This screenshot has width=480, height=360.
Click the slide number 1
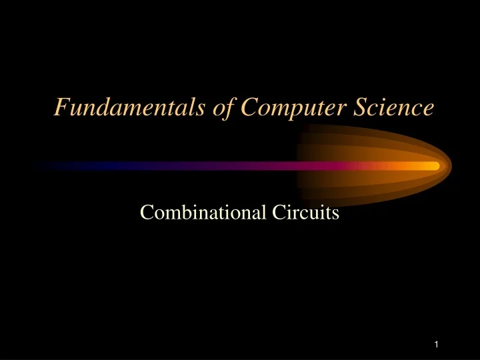point(435,345)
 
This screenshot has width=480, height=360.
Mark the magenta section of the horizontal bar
point(267,165)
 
